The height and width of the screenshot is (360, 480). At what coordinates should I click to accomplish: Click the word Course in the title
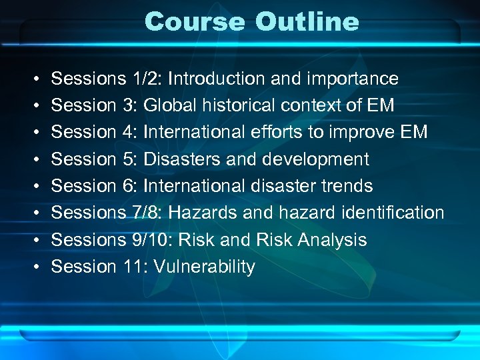pos(195,21)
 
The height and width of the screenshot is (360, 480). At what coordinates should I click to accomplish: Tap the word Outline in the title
pos(307,21)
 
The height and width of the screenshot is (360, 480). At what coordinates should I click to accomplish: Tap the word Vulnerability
pos(204,267)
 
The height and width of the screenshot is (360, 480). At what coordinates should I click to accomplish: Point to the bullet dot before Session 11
pos(34,267)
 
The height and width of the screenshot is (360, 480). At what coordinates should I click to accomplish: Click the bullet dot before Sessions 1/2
pos(34,79)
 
